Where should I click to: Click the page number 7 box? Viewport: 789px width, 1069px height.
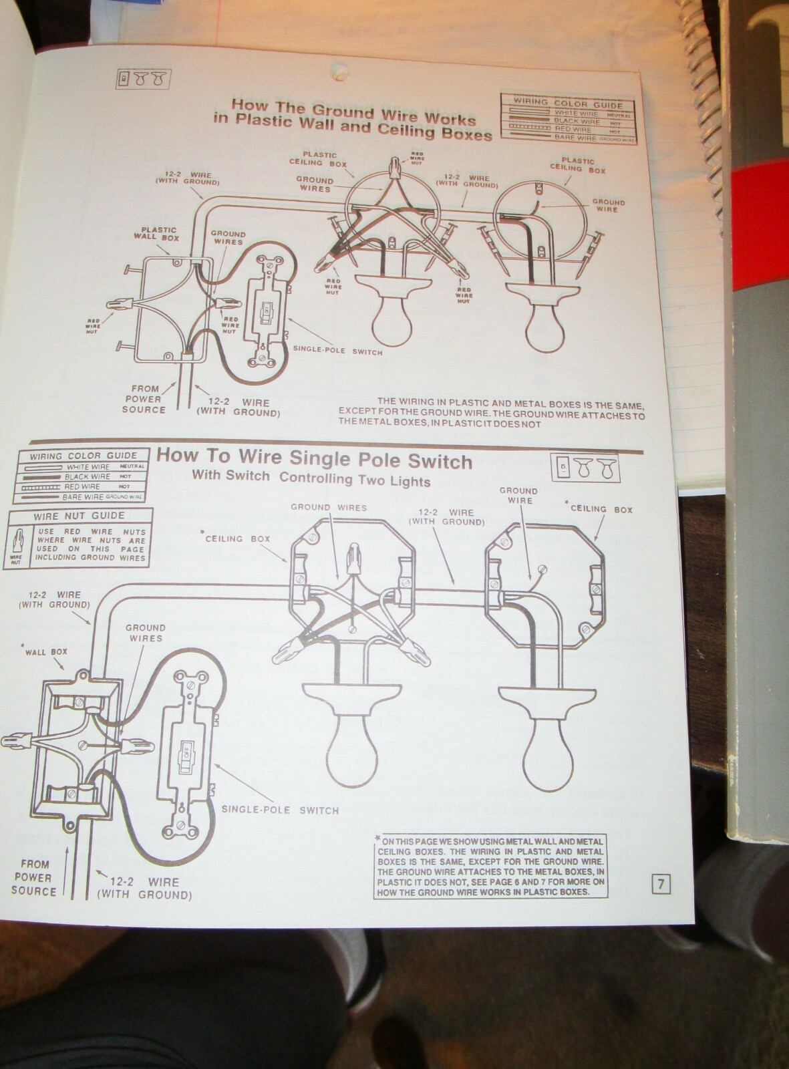tap(661, 884)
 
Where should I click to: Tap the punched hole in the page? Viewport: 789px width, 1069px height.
tap(339, 68)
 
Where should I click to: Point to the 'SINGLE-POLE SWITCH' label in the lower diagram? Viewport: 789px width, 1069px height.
tap(280, 810)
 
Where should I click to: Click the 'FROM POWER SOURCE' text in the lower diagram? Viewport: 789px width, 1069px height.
tap(34, 877)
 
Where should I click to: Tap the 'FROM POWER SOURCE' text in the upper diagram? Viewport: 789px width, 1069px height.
tap(144, 399)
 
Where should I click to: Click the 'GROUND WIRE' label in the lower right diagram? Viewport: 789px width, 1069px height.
tap(518, 495)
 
